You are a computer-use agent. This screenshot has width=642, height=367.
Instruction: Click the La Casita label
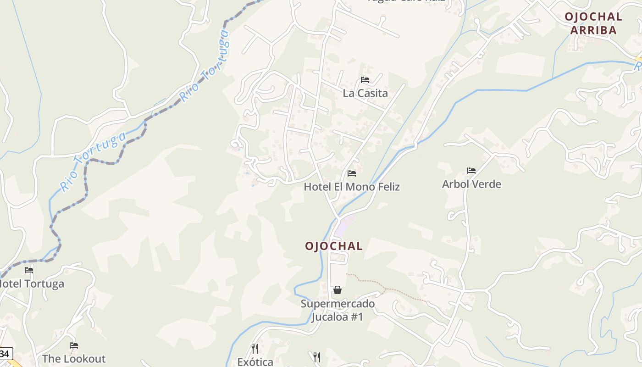coord(365,93)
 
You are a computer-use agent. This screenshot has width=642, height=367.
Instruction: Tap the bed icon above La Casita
coord(365,80)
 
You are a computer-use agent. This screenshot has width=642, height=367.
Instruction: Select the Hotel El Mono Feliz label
coord(352,187)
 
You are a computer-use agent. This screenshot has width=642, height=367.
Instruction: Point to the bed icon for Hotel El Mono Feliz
coord(352,173)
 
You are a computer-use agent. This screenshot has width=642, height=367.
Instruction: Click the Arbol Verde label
coord(471,184)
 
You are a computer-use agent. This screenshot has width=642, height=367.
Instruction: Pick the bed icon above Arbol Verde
coord(471,171)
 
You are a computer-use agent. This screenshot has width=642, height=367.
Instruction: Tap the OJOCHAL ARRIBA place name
coord(593,23)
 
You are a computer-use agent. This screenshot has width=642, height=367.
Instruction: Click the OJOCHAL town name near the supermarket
coord(334,246)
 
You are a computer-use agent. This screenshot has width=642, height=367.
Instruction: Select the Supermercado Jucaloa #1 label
coord(338,310)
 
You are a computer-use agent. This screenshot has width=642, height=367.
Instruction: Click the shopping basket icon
coord(338,290)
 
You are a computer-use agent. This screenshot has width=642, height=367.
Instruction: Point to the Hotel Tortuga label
coord(31,284)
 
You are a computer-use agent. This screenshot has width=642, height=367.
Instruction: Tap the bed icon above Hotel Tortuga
coord(29,270)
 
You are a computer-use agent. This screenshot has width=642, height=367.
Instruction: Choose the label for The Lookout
coord(74,359)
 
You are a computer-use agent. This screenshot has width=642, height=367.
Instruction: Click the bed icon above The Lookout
coord(74,345)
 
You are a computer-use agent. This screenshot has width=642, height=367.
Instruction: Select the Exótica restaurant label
coord(255,361)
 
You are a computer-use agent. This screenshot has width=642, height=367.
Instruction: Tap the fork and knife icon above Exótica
coord(255,349)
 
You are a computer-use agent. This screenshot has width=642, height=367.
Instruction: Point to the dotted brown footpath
coord(385,288)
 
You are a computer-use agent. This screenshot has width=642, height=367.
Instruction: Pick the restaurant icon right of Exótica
coord(316,357)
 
